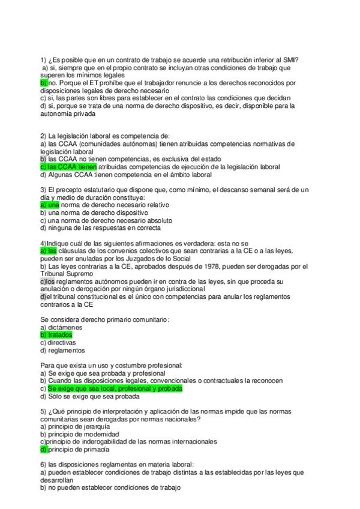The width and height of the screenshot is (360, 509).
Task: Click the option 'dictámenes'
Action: (x=64, y=328)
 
